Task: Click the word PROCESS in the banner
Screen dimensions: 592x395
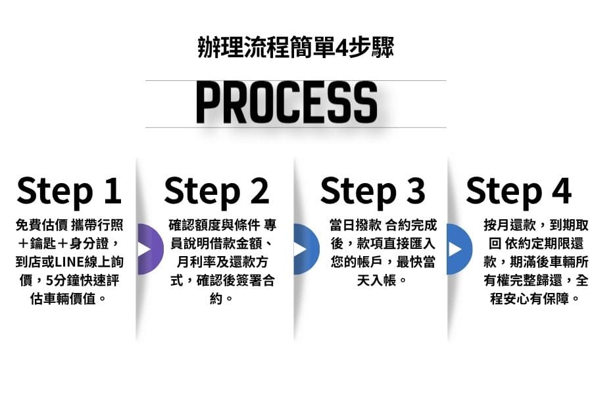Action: click(x=287, y=103)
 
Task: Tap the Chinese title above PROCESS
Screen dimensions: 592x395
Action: click(x=295, y=47)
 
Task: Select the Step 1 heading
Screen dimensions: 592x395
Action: click(x=69, y=192)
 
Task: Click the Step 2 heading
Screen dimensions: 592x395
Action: click(x=216, y=192)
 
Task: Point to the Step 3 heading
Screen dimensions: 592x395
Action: click(x=373, y=192)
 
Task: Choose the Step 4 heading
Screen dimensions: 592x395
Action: click(x=519, y=192)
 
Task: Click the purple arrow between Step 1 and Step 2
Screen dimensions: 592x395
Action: click(x=150, y=249)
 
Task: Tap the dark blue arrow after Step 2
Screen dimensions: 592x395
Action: click(x=306, y=249)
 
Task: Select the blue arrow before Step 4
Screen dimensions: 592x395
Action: click(x=459, y=249)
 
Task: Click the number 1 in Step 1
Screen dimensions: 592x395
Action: click(x=113, y=190)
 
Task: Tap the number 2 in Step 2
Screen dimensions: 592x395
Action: click(x=260, y=190)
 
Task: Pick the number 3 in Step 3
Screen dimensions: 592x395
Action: click(x=416, y=190)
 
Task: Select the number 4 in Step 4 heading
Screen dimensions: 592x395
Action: click(x=562, y=190)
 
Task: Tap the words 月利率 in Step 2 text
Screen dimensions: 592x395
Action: click(x=196, y=262)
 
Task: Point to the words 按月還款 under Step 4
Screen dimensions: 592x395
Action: click(x=509, y=225)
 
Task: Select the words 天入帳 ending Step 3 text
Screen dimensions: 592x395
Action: click(x=376, y=280)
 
